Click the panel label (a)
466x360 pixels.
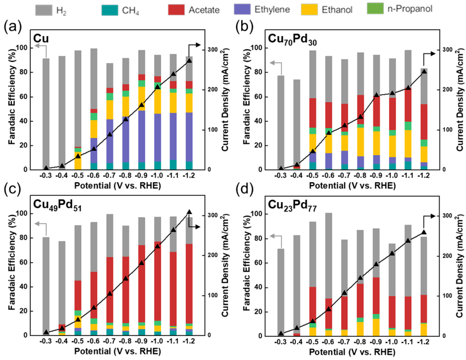12,26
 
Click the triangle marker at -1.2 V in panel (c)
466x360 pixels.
189,212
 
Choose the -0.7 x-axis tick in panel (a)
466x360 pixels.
110,175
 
